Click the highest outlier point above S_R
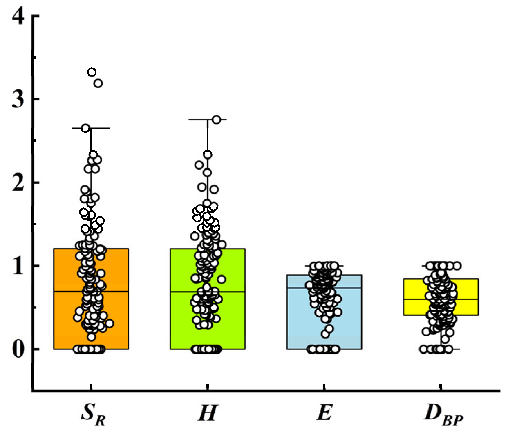92,72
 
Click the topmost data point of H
216,119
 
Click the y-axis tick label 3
18,99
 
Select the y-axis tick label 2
18,183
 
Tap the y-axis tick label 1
18,266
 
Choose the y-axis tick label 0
18,349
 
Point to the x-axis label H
207,413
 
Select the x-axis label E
324,413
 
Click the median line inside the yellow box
467,299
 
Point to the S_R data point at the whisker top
85,128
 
